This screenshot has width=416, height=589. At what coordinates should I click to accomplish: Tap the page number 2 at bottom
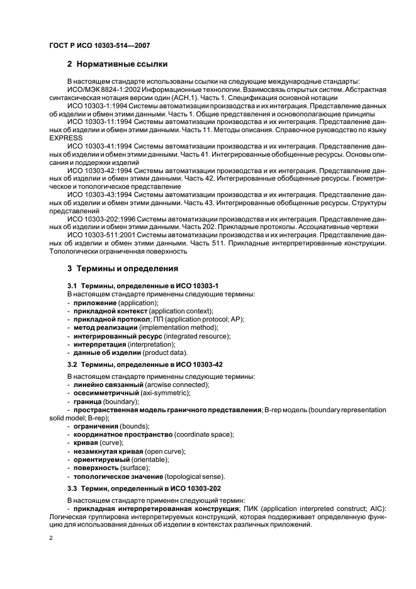(x=51, y=539)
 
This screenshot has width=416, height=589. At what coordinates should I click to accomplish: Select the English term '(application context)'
(x=181, y=311)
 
